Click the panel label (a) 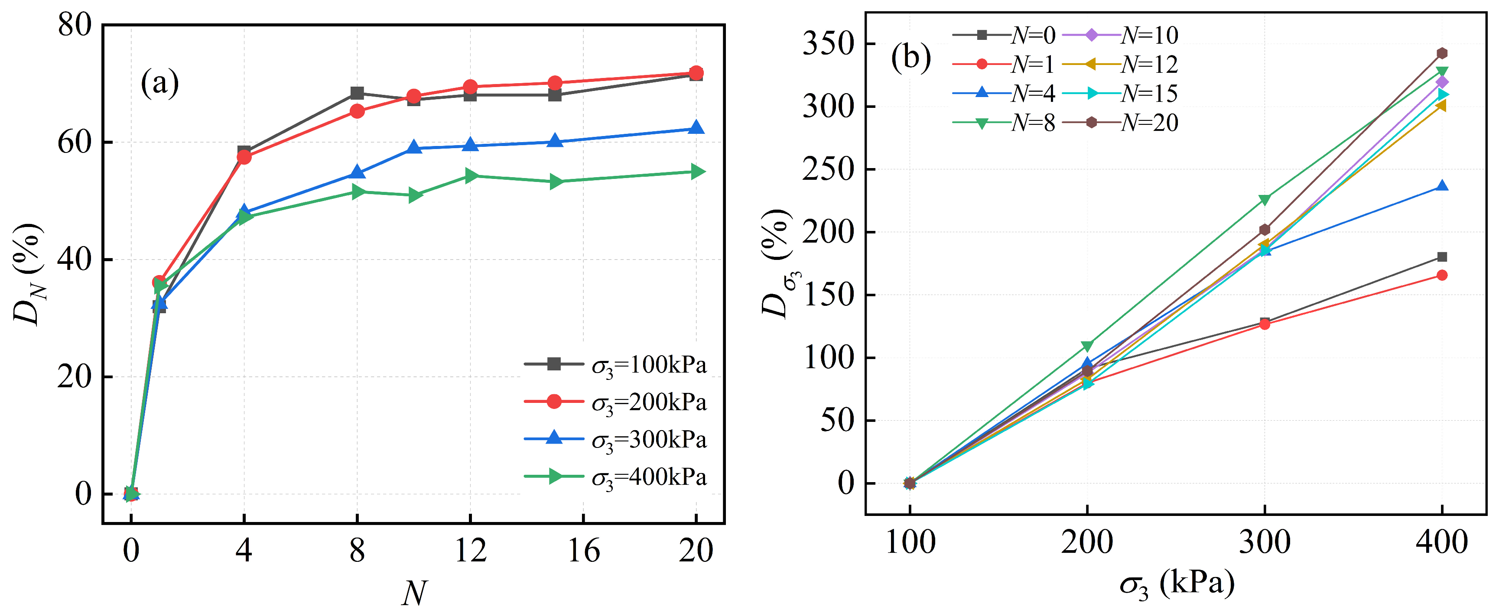click(x=159, y=83)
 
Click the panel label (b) click(x=910, y=58)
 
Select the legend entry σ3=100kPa click(x=616, y=365)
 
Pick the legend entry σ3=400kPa click(x=616, y=477)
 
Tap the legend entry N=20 click(x=1120, y=123)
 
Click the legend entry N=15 click(x=1120, y=94)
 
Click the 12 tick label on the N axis click(x=470, y=550)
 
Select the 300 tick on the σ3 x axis click(x=1265, y=542)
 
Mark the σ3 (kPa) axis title click(x=1177, y=584)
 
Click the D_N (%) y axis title click(x=28, y=274)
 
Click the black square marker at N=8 click(x=357, y=93)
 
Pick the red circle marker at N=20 click(x=696, y=73)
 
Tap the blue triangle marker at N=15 click(x=555, y=141)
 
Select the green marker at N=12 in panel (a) click(x=471, y=176)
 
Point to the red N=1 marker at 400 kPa click(x=1442, y=275)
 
